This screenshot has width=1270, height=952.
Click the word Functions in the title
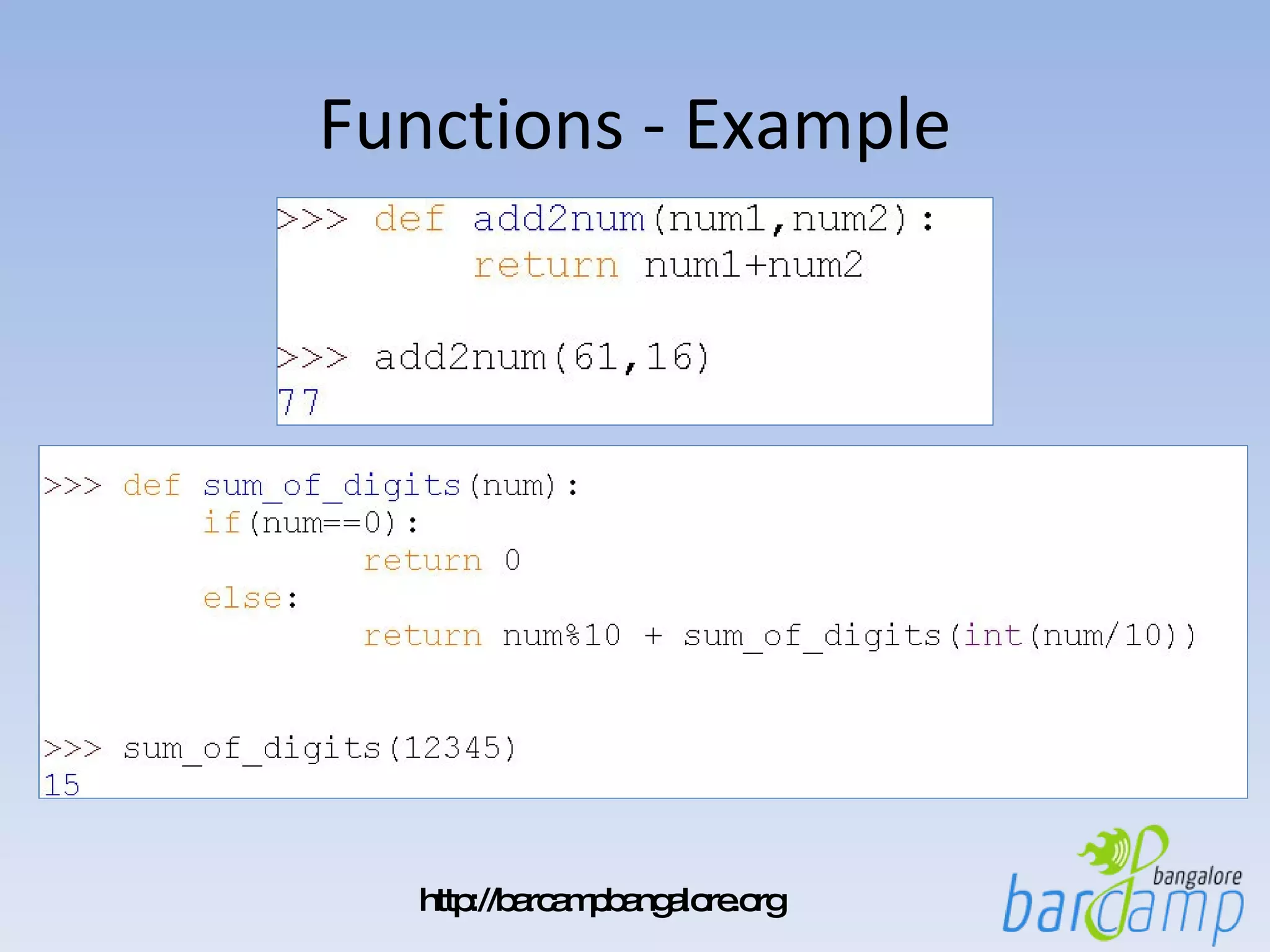471,125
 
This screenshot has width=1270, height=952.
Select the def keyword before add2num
409,219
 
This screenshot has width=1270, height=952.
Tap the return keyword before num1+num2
546,266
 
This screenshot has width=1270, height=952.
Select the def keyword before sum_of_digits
151,485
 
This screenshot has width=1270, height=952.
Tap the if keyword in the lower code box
221,522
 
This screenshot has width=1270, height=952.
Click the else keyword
242,599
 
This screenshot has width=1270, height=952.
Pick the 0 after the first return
512,560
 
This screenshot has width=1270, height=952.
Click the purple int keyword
992,635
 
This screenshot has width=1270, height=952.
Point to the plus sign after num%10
653,636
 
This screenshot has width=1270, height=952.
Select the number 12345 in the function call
452,748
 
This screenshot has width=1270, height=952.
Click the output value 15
62,785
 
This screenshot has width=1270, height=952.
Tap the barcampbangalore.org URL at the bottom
603,901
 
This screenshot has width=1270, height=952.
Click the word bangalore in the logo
1197,876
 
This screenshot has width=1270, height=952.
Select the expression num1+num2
753,266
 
